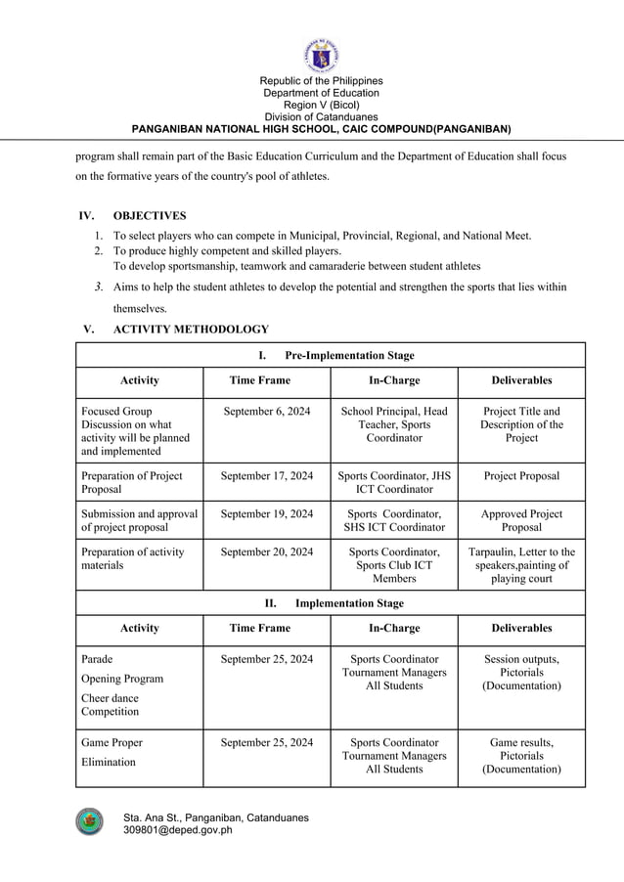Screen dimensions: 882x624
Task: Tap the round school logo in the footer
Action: (89, 821)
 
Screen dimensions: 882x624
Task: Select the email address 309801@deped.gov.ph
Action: (177, 830)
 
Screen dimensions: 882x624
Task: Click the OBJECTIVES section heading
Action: (150, 215)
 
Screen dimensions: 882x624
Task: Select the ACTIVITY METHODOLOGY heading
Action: (191, 330)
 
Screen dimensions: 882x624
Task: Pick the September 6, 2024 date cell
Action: (266, 412)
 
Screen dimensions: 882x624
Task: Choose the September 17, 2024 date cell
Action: (266, 476)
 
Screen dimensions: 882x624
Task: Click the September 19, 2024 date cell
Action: (266, 513)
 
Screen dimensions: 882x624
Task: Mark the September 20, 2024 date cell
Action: (266, 552)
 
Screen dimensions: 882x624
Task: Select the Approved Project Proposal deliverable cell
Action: (521, 520)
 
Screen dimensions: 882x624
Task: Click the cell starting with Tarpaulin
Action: (521, 565)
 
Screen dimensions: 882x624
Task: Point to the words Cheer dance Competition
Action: (110, 705)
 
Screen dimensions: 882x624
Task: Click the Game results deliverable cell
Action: (521, 756)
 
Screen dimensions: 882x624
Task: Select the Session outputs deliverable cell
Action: (521, 673)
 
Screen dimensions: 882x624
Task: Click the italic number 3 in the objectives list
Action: (99, 287)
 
